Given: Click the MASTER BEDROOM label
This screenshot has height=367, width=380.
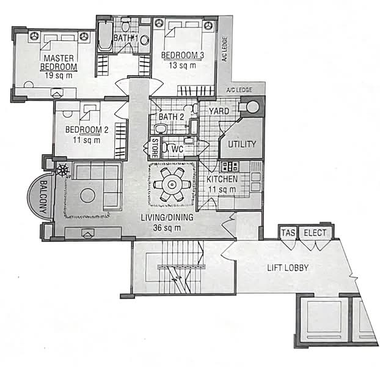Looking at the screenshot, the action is pos(59,62).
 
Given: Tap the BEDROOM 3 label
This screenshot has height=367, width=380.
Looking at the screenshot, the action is pos(183,55).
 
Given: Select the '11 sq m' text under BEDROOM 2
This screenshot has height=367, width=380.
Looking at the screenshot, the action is pos(87,140).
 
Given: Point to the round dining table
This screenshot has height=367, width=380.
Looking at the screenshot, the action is pos(172,185).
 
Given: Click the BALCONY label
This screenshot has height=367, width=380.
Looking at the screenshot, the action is pos(44,197).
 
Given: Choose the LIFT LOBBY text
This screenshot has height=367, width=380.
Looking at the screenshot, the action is pos(288,268).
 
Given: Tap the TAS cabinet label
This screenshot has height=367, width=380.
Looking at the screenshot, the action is pos(288,233).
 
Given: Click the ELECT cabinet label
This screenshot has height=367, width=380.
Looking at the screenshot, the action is pos(315,233).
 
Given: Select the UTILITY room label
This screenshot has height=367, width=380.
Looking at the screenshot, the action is pos(242,144).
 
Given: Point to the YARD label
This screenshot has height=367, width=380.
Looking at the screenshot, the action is pos(219,111).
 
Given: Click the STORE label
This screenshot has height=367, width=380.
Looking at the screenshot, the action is pos(155,148).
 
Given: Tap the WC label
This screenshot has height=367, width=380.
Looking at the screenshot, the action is pos(177,149).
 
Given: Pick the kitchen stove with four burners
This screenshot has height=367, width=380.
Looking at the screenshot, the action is pos(230,166).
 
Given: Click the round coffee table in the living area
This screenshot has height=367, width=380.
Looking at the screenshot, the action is pos(87,196).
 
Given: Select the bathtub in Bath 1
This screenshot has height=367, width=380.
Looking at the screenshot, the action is pos(105,36).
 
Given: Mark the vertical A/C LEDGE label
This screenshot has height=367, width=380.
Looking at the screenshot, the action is pos(224,49).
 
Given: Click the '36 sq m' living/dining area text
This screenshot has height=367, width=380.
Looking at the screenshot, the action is pos(167,228).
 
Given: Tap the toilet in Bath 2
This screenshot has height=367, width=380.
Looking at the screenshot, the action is pos(161,129).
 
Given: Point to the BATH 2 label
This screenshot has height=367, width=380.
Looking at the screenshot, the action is pos(171,117).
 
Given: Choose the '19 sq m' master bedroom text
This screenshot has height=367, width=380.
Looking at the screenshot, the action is pos(59,75).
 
